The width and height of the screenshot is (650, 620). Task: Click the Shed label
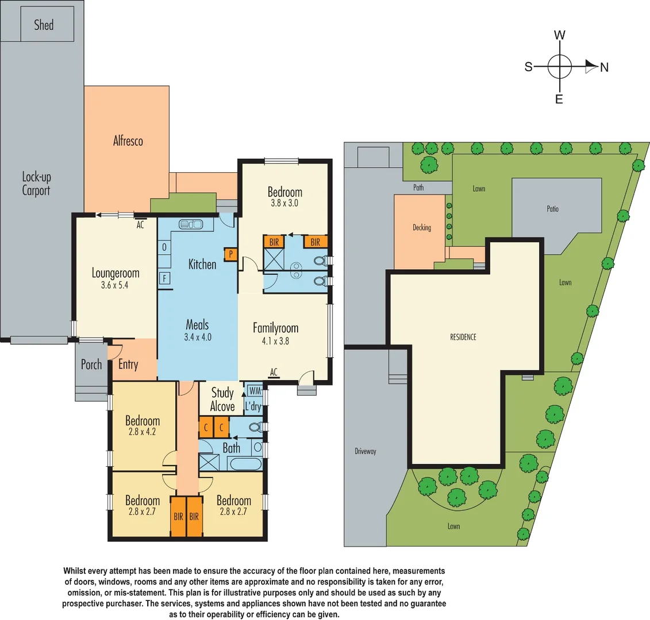pyautogui.click(x=44, y=25)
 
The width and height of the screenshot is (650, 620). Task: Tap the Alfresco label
pyautogui.click(x=128, y=141)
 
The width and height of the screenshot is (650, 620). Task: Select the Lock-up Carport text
pyautogui.click(x=36, y=184)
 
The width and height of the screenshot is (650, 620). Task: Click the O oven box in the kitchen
pyautogui.click(x=164, y=247)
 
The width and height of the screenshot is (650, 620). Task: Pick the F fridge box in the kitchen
pyautogui.click(x=165, y=278)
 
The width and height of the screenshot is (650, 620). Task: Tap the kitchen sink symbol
pyautogui.click(x=189, y=224)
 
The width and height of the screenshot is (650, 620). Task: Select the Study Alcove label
pyautogui.click(x=222, y=400)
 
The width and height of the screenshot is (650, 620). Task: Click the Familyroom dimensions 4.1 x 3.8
pyautogui.click(x=275, y=340)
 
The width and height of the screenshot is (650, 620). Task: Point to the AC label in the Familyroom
pyautogui.click(x=274, y=373)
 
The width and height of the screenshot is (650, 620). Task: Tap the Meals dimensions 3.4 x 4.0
pyautogui.click(x=198, y=337)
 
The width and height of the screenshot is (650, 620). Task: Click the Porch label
pyautogui.click(x=91, y=365)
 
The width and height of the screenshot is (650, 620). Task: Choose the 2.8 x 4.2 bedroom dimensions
pyautogui.click(x=143, y=432)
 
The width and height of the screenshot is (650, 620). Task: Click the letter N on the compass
pyautogui.click(x=604, y=68)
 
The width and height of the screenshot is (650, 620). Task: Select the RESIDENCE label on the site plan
pyautogui.click(x=463, y=337)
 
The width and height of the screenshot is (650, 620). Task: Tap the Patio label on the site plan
pyautogui.click(x=552, y=209)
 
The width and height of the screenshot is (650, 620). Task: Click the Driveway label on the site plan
pyautogui.click(x=365, y=451)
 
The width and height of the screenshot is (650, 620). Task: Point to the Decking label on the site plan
pyautogui.click(x=421, y=228)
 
